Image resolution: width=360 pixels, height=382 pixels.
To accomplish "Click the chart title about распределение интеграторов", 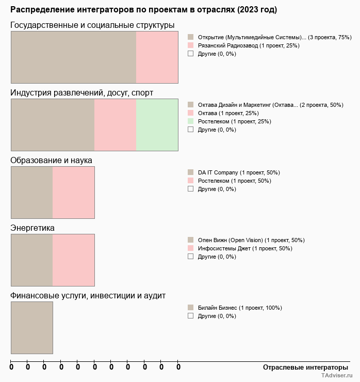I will point(143,10).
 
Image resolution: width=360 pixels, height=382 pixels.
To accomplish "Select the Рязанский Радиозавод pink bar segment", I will point(157,57).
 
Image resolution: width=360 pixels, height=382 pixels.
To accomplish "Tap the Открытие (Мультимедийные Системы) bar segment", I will point(73,57).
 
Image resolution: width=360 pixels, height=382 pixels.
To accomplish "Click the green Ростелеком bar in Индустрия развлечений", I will point(157,124).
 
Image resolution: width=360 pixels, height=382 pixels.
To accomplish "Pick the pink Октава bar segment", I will point(115,124).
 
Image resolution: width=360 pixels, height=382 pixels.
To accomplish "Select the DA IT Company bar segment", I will point(32,192).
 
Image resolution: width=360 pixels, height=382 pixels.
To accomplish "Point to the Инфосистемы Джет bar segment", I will point(73,260).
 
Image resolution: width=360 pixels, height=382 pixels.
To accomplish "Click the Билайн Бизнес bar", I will point(32,327).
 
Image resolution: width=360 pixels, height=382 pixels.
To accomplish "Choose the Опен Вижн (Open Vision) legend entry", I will point(251,240).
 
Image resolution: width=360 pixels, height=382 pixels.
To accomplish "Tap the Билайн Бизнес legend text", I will point(239,308).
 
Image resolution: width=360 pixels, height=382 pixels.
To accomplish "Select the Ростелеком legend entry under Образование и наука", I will point(234,181).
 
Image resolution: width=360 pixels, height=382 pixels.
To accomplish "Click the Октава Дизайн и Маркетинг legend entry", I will point(270,105).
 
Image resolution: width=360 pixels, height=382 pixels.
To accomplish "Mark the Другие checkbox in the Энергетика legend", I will point(190,256).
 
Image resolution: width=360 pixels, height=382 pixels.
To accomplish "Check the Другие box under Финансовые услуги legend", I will point(190,315).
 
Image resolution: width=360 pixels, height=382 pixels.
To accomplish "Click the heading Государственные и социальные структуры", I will point(92,25).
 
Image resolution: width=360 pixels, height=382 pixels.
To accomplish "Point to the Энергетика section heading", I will point(32,228).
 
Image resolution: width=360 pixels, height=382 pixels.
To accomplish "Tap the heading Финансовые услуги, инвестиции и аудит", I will point(88,295).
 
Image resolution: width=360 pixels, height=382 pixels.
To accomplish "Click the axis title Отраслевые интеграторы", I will point(306,367).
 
